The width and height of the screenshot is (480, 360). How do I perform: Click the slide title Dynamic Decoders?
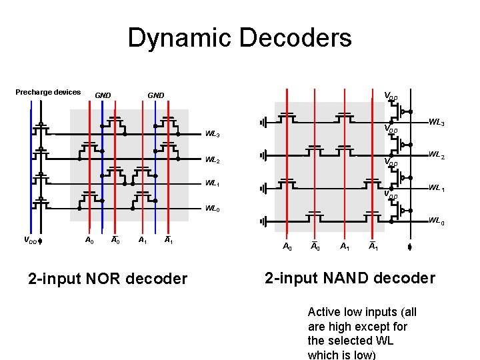239,38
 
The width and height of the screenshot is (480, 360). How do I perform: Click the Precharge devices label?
48,92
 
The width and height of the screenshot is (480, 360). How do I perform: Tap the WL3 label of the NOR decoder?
213,135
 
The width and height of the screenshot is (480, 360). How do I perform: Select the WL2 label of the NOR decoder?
213,161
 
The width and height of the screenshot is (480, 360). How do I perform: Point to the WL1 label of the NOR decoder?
213,183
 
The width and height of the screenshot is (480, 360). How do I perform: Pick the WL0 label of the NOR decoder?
213,209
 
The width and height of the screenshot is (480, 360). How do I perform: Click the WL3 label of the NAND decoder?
437,123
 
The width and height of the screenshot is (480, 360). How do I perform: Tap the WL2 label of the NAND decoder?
437,155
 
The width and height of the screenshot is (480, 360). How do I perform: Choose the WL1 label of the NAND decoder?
437,188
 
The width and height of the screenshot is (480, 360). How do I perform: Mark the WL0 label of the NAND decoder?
437,220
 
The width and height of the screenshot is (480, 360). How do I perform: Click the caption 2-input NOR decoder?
108,279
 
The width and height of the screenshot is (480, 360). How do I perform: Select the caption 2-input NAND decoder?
350,278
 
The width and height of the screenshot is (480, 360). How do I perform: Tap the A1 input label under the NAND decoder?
345,247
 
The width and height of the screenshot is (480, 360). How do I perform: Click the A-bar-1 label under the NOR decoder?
169,240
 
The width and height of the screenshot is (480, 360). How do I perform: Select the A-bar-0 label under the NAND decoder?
314,247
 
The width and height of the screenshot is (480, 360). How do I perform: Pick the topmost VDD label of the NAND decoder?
390,97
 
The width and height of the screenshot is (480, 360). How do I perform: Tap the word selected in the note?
329,341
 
